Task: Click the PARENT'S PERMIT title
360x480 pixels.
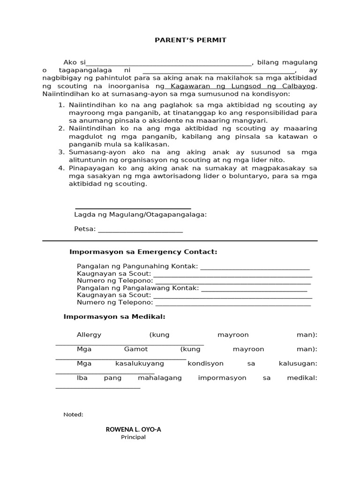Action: pyautogui.click(x=190, y=40)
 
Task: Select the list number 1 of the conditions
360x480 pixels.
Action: pyautogui.click(x=61, y=105)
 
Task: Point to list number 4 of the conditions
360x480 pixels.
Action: pyautogui.click(x=61, y=168)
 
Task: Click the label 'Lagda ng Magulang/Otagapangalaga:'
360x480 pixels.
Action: pyautogui.click(x=140, y=215)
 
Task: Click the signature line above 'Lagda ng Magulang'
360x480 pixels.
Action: pyautogui.click(x=133, y=208)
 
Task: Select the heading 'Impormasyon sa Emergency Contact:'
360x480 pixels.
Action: pyautogui.click(x=143, y=252)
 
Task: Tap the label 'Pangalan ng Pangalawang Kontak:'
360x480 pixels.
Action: pyautogui.click(x=138, y=288)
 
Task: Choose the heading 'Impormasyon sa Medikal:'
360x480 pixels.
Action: pyautogui.click(x=114, y=317)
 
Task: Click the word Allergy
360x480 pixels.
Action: pyautogui.click(x=89, y=335)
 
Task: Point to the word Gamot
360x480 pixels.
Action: pyautogui.click(x=136, y=349)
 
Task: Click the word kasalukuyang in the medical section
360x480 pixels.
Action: pyautogui.click(x=140, y=364)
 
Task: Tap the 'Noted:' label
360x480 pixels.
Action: pyautogui.click(x=73, y=414)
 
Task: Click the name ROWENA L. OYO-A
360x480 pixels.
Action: pyautogui.click(x=133, y=429)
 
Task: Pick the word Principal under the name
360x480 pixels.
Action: pyautogui.click(x=133, y=437)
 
